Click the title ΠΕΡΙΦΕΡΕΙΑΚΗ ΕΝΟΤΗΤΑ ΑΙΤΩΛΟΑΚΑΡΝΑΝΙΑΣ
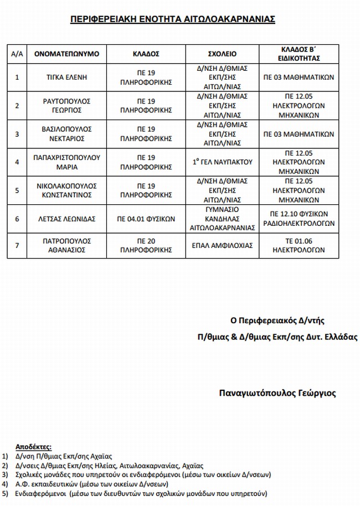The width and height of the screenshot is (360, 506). [x=173, y=19]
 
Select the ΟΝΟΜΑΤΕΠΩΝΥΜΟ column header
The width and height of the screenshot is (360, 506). [x=66, y=54]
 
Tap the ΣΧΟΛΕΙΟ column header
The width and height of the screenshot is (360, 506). [x=222, y=54]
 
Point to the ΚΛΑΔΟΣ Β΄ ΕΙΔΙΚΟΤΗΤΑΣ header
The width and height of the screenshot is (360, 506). [x=299, y=53]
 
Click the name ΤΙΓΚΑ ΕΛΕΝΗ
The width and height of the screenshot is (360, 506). [x=66, y=78]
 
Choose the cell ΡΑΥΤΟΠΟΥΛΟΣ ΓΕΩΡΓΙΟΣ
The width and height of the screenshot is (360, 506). [x=66, y=106]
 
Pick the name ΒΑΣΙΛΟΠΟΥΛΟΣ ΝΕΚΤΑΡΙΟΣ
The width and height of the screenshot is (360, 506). [x=66, y=134]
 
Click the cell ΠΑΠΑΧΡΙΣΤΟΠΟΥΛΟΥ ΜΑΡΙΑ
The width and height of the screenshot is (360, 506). [x=66, y=162]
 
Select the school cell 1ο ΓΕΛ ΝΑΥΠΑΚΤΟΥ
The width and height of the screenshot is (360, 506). [x=222, y=162]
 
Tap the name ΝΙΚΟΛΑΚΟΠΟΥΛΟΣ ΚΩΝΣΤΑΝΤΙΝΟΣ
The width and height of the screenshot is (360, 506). [x=66, y=190]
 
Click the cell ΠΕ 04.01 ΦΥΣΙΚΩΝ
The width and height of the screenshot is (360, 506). [x=146, y=219]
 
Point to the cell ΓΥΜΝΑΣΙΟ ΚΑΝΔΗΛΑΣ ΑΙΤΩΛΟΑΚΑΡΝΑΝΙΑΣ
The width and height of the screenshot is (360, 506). [x=222, y=219]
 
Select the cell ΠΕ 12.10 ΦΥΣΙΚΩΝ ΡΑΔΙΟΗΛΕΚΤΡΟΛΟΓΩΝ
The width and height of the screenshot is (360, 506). [x=299, y=219]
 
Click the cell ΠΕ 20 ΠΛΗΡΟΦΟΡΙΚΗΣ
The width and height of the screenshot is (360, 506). [x=146, y=245]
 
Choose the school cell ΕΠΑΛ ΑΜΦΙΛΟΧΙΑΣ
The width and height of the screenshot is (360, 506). [x=222, y=245]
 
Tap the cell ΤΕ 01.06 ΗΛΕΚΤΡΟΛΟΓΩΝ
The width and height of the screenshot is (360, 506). [x=299, y=245]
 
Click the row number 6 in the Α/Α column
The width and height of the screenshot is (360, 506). [x=17, y=219]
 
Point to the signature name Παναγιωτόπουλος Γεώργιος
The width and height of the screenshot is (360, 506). [x=277, y=394]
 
